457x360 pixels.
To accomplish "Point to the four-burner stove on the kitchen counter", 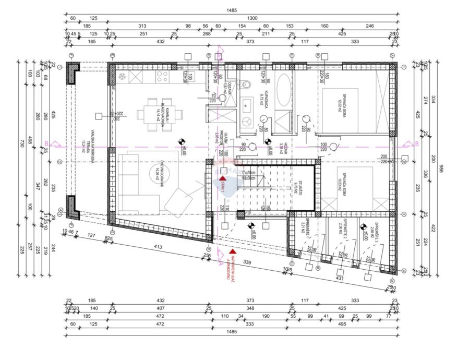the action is click(162, 78).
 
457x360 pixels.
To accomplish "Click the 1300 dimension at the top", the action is click(252, 18).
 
